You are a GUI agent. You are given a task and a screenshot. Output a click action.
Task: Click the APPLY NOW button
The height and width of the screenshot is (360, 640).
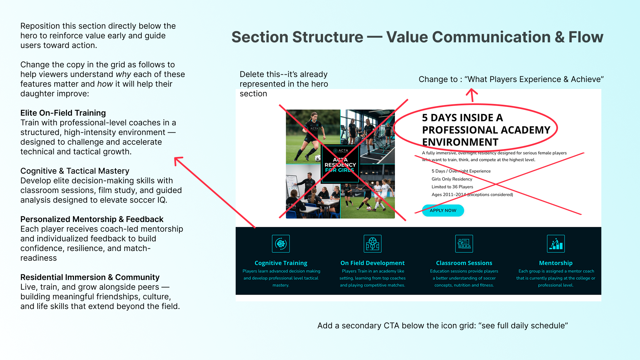pos(443,210)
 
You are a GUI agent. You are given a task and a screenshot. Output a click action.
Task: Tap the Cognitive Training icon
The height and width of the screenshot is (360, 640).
pos(281,244)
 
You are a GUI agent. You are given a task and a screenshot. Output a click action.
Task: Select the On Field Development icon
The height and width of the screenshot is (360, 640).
pos(372,244)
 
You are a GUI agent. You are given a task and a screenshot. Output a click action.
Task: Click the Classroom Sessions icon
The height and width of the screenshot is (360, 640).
pos(464,244)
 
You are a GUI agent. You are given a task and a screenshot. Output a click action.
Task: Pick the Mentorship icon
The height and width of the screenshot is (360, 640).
pos(556,244)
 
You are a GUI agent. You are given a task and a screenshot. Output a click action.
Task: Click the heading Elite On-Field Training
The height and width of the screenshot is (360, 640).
pos(63,113)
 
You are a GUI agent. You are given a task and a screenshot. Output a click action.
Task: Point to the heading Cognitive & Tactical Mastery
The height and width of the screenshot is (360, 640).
pos(75,171)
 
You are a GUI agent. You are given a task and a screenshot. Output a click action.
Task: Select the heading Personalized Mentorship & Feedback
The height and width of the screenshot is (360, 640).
pos(92,219)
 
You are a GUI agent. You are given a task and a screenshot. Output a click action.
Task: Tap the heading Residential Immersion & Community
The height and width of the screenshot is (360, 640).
pos(90,277)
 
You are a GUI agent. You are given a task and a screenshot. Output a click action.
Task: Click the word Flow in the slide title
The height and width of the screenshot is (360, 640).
pos(586,37)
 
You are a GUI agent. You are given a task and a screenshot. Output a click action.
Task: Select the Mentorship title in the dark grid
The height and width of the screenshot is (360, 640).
pos(556,263)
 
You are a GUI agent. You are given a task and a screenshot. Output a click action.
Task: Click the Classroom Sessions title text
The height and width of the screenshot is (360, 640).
pos(464,263)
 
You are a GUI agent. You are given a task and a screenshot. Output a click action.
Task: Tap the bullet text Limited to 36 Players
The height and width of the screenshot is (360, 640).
pos(452,187)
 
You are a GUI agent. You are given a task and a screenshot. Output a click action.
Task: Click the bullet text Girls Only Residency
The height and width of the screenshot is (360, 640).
pos(452,179)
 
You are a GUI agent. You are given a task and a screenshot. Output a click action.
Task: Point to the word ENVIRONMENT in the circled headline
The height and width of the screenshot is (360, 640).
pos(460,142)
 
